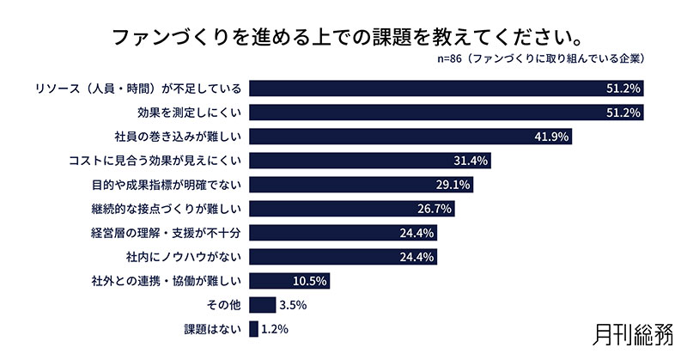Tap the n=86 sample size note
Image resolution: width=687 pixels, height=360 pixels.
pos(540,60)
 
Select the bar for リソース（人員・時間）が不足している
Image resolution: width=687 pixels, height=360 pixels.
pos(446,88)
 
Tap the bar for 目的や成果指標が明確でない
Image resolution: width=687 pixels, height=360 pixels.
pos(361,185)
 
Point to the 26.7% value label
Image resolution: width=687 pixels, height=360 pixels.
pos(435,209)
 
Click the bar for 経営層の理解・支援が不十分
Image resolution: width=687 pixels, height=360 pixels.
pos(343,233)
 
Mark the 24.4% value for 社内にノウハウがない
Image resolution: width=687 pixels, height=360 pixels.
pos(418,257)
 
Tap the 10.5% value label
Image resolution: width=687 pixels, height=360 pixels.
pos(311,281)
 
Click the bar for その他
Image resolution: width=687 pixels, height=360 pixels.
pos(262,304)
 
